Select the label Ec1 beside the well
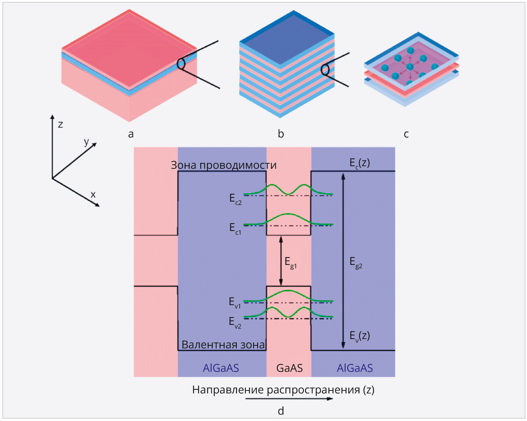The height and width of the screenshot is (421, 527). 235,228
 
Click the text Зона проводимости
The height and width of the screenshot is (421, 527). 224,165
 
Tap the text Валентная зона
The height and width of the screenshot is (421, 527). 223,345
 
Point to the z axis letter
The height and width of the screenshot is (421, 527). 60,124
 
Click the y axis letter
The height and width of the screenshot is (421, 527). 87,142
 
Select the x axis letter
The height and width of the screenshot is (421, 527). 93,194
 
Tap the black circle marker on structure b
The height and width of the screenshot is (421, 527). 325,70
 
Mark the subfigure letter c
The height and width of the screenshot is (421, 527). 406,134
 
